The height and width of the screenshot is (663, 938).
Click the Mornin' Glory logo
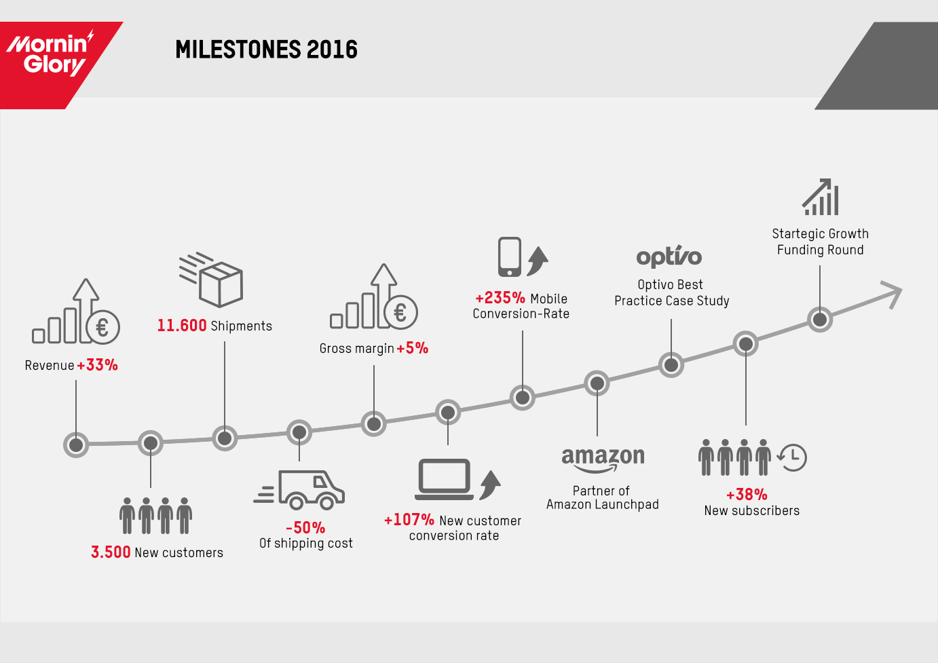[x=50, y=54]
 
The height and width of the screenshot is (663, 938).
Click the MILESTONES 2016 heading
[x=266, y=50]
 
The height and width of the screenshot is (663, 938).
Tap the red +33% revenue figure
[x=98, y=365]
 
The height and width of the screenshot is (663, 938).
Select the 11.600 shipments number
[x=182, y=326]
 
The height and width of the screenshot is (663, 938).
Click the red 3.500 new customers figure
[x=111, y=552]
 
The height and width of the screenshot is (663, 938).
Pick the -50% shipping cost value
[x=305, y=527]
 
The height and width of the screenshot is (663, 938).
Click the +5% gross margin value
[x=413, y=348]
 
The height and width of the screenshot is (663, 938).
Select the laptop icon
[x=445, y=480]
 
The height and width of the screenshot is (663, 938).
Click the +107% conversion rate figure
[x=409, y=520]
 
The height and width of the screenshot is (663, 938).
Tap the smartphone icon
[x=510, y=257]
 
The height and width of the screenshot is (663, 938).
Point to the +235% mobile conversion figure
[x=500, y=298]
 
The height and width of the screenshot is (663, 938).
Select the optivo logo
[x=669, y=256]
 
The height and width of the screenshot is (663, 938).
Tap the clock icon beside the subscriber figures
[x=792, y=457]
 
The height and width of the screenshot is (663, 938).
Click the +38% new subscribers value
[x=747, y=494]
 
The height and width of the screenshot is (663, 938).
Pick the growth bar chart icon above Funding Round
[x=821, y=197]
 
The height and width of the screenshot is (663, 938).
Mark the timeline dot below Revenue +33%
[x=76, y=445]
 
